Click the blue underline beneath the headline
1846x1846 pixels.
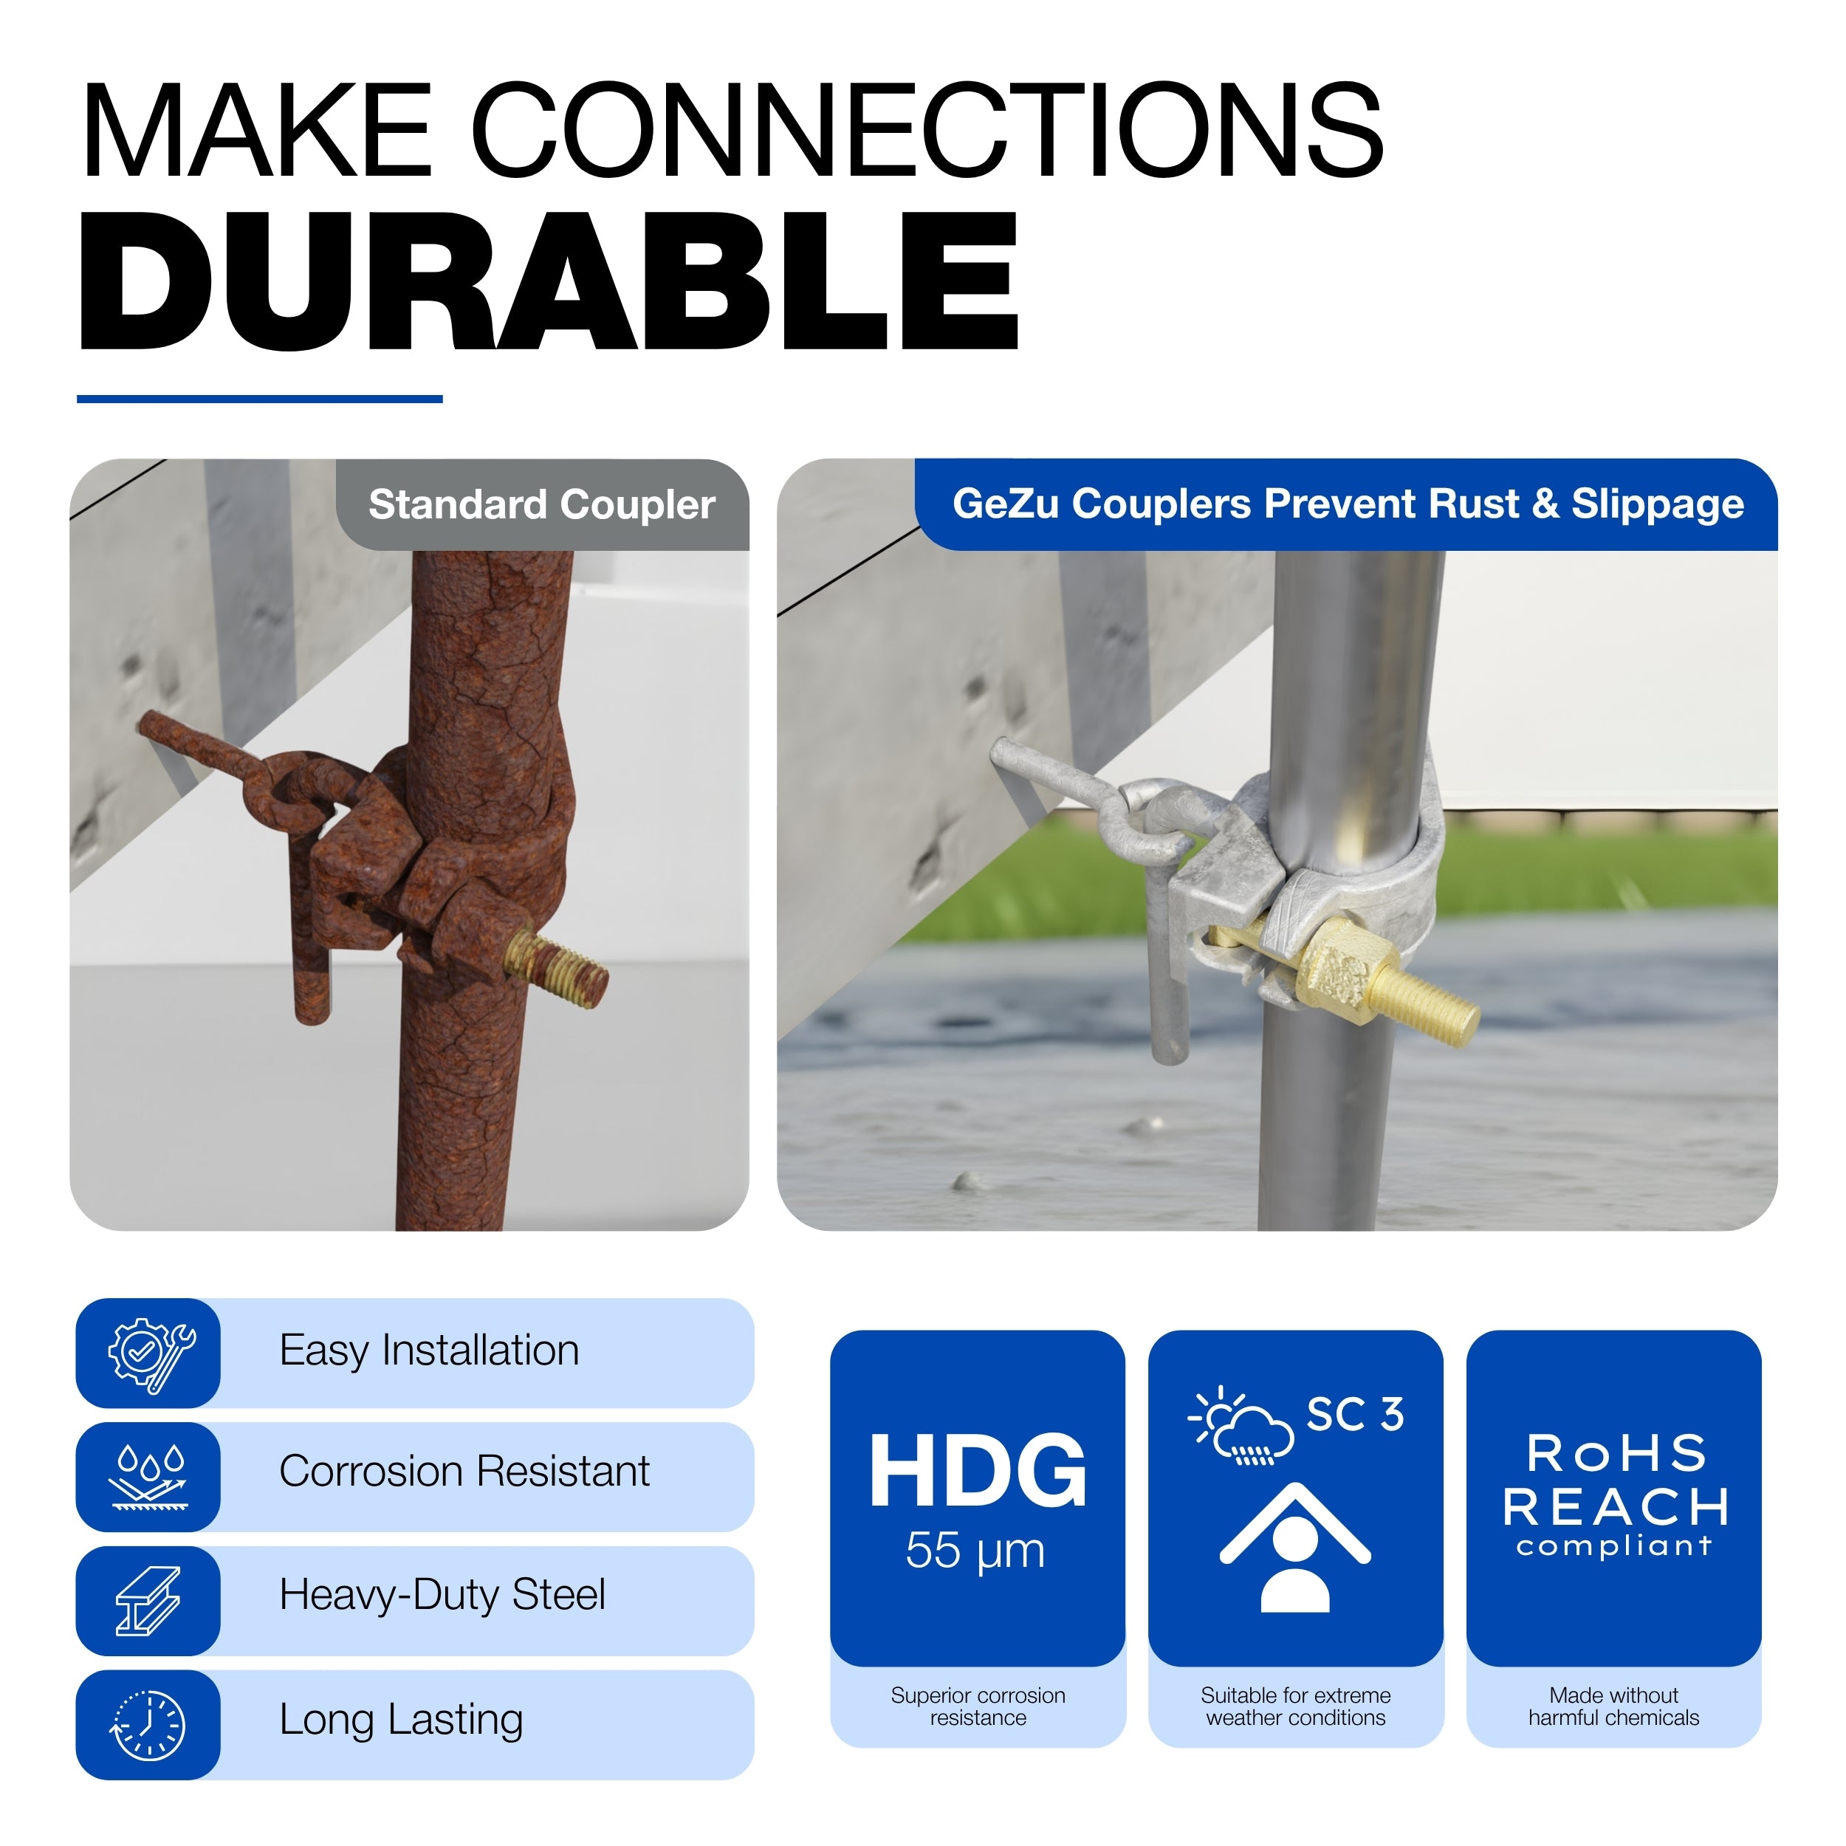[x=259, y=399]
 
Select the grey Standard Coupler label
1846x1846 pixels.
[x=543, y=504]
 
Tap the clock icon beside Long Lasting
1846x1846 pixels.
[x=149, y=1726]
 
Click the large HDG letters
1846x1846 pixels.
[x=978, y=1472]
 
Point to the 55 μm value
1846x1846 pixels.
[x=975, y=1551]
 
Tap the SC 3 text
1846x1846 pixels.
[x=1355, y=1414]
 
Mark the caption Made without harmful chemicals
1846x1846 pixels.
[x=1614, y=1706]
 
